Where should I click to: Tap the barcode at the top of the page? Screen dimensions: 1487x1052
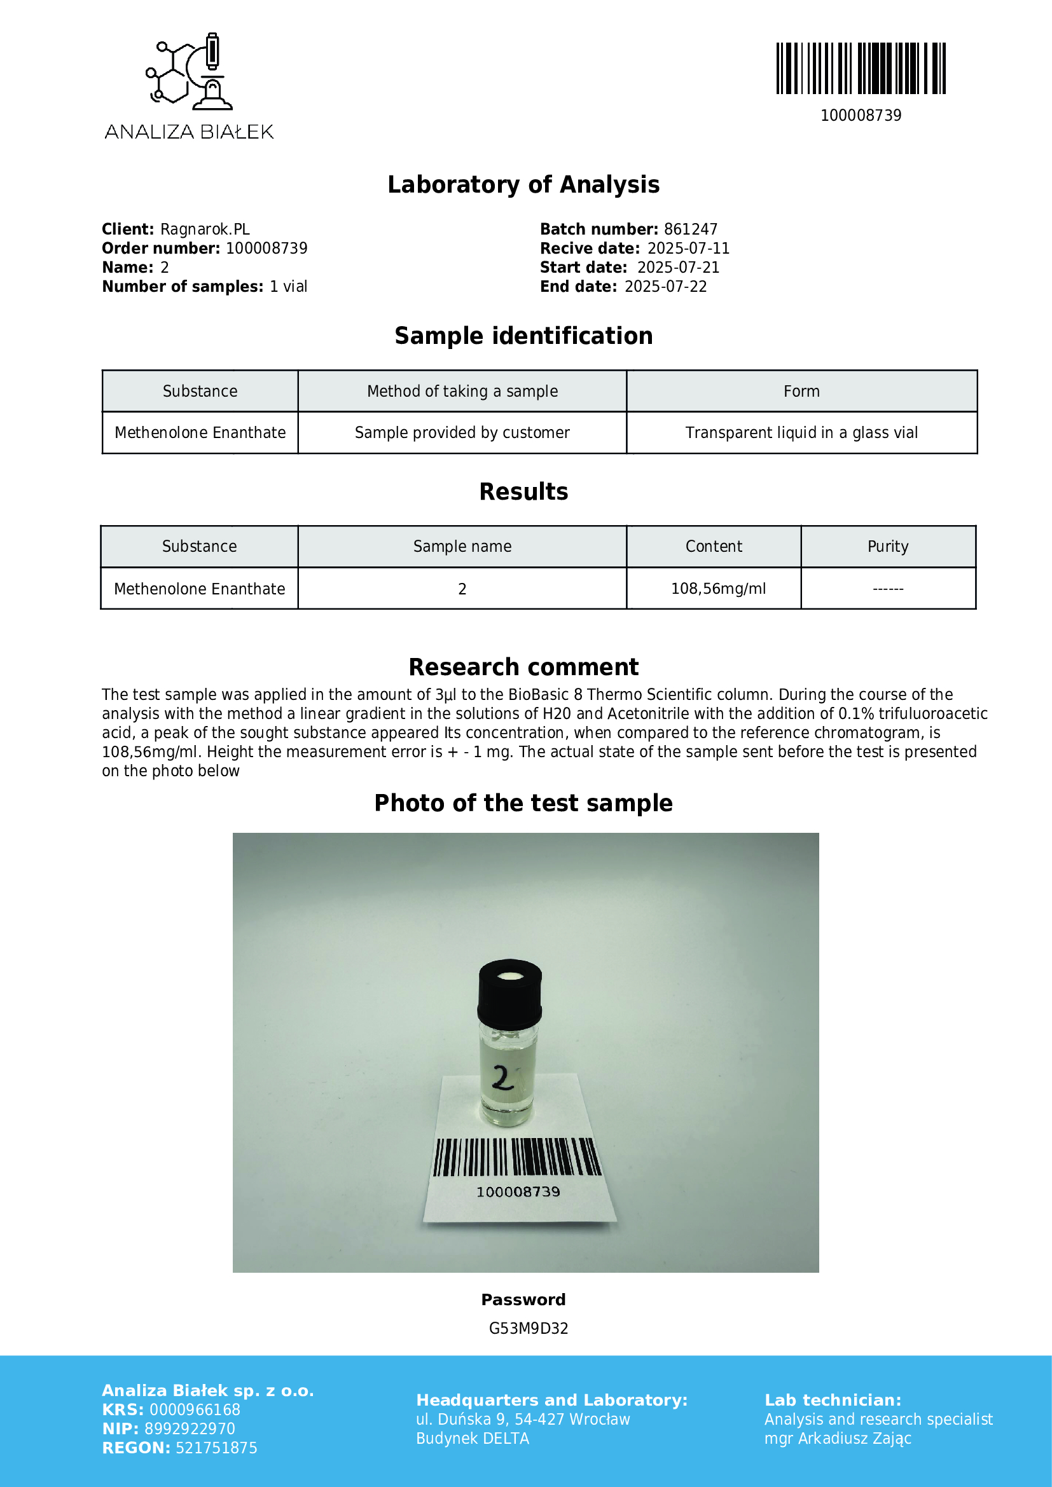pos(861,69)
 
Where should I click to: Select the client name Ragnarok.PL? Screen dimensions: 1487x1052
pos(205,230)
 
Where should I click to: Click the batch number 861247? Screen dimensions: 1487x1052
pos(691,230)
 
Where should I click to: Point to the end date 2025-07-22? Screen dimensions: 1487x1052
pos(665,287)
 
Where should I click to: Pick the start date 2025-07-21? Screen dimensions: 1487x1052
pos(678,268)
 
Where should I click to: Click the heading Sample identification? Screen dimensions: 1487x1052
pos(523,336)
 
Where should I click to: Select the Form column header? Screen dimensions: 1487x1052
pos(801,391)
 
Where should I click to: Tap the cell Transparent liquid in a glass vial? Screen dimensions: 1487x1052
pos(801,433)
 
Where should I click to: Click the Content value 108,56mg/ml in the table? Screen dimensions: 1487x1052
pos(717,589)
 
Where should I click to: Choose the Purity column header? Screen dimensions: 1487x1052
pos(887,547)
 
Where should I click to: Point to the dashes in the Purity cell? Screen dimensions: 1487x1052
pos(887,589)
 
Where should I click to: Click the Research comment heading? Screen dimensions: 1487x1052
pos(523,667)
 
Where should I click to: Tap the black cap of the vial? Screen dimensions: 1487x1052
pos(510,992)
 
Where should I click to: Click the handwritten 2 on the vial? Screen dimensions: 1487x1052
pos(502,1078)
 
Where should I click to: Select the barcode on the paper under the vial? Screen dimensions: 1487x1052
pos(517,1157)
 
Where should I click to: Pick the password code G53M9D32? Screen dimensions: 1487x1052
pos(528,1328)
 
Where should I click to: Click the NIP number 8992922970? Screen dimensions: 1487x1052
pos(190,1429)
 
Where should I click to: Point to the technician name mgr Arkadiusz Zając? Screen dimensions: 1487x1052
pos(838,1439)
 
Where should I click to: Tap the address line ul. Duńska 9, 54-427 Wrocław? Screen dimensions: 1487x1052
pos(523,1420)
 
